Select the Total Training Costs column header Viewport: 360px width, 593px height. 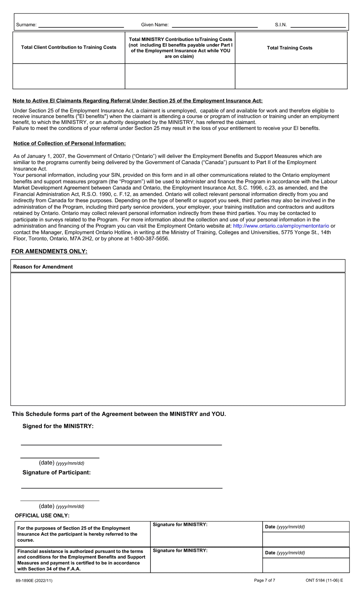tap(290, 48)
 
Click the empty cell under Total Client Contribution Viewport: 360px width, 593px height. tap(69, 76)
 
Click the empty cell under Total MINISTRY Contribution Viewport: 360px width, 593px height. tap(180, 76)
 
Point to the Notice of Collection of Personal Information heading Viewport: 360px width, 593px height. tap(69, 143)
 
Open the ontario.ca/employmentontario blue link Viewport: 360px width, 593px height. tap(281, 226)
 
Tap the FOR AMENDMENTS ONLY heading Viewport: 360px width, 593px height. tap(49, 251)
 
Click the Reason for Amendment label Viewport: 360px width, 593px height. tap(43, 267)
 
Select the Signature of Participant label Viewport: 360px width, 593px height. tap(56, 472)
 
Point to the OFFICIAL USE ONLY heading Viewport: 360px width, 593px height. tap(42, 516)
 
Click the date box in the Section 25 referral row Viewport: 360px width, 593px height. tap(305, 539)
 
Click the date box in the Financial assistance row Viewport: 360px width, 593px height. tap(305, 565)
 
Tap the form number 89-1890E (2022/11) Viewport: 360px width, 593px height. tap(34, 580)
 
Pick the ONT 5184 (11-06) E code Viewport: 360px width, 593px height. tap(324, 580)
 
